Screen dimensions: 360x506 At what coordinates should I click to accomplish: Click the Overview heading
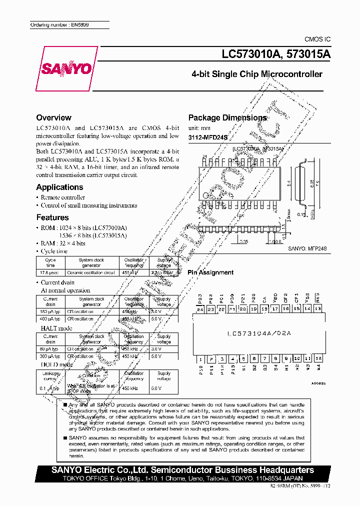[53, 118]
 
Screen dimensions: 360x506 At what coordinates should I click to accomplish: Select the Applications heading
[59, 187]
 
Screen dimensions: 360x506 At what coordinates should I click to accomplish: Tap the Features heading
[52, 217]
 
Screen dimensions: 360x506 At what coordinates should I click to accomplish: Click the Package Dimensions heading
[227, 118]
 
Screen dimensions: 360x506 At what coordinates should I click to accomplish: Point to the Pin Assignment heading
[210, 272]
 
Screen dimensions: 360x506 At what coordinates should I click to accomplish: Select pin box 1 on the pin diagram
[200, 359]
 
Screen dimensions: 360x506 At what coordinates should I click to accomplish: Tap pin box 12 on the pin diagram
[318, 359]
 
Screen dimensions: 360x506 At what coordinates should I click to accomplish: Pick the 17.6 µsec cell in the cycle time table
[50, 272]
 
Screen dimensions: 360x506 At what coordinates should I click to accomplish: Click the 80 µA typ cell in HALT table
[50, 349]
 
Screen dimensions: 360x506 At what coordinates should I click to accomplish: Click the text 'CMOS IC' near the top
[317, 39]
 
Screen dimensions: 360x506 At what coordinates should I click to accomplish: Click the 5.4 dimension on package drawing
[289, 183]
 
